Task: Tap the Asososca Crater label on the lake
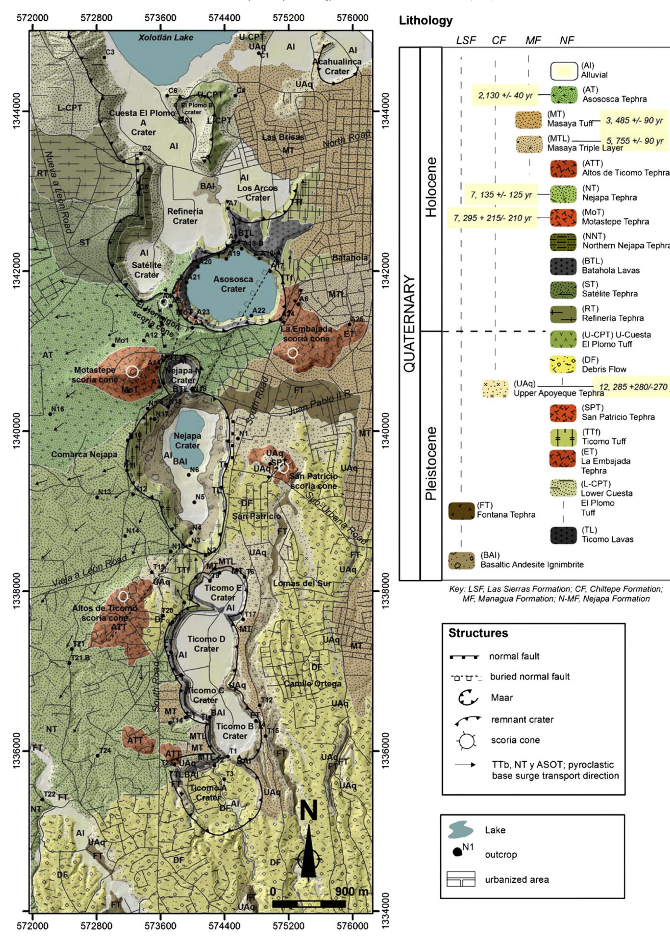[233, 284]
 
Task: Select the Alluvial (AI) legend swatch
[564, 71]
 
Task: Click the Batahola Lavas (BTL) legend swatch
[563, 266]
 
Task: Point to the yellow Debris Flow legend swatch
[563, 364]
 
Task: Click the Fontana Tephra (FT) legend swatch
[461, 511]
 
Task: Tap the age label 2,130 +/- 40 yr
[505, 96]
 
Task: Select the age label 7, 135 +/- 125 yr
[501, 195]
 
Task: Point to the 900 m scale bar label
[351, 892]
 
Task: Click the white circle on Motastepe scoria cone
[132, 371]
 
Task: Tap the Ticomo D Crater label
[206, 644]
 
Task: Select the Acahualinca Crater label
[337, 66]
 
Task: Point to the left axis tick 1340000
[17, 431]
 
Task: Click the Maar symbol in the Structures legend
[468, 698]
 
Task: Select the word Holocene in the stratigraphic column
[431, 187]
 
